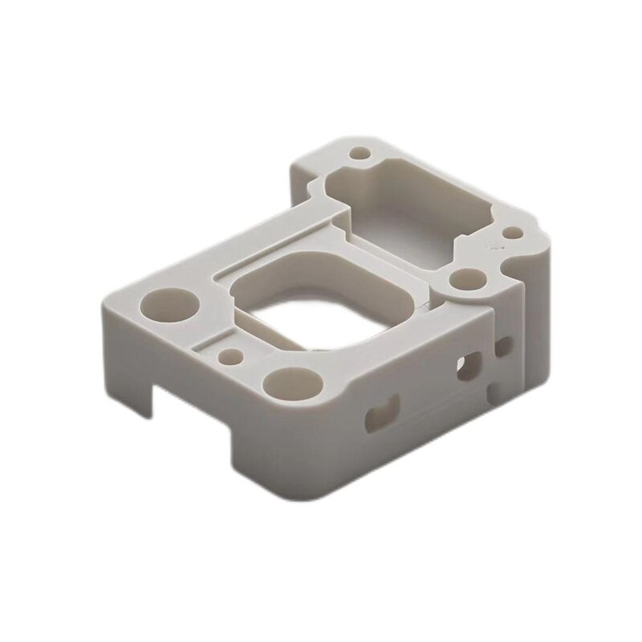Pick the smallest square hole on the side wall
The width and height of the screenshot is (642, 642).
tap(504, 346)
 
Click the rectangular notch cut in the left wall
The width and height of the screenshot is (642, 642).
tap(185, 401)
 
